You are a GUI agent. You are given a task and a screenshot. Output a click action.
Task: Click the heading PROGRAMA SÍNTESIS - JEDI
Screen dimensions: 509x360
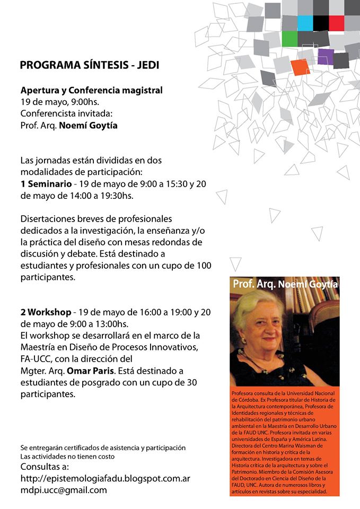(x=89, y=66)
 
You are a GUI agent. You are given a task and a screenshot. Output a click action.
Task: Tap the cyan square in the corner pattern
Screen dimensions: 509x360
(x=305, y=23)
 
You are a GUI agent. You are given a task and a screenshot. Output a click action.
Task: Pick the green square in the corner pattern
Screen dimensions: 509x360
(x=289, y=39)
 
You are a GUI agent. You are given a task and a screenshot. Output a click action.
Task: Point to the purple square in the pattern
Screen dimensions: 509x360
(x=325, y=56)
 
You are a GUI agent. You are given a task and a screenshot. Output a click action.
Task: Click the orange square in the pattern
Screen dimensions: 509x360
(x=300, y=67)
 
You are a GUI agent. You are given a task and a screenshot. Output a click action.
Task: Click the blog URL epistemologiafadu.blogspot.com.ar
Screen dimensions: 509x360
(x=105, y=479)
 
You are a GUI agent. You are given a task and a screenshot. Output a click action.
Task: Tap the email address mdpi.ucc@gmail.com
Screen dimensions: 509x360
(x=64, y=490)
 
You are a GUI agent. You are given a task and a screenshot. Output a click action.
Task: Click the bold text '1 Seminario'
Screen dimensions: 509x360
(x=46, y=184)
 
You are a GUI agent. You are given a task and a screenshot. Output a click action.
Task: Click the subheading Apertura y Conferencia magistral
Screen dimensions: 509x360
(x=91, y=90)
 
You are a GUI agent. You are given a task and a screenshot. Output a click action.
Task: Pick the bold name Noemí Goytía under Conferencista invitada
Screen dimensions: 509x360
(x=88, y=126)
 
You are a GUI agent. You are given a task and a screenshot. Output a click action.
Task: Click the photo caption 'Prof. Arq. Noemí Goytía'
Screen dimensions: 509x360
(x=285, y=284)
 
